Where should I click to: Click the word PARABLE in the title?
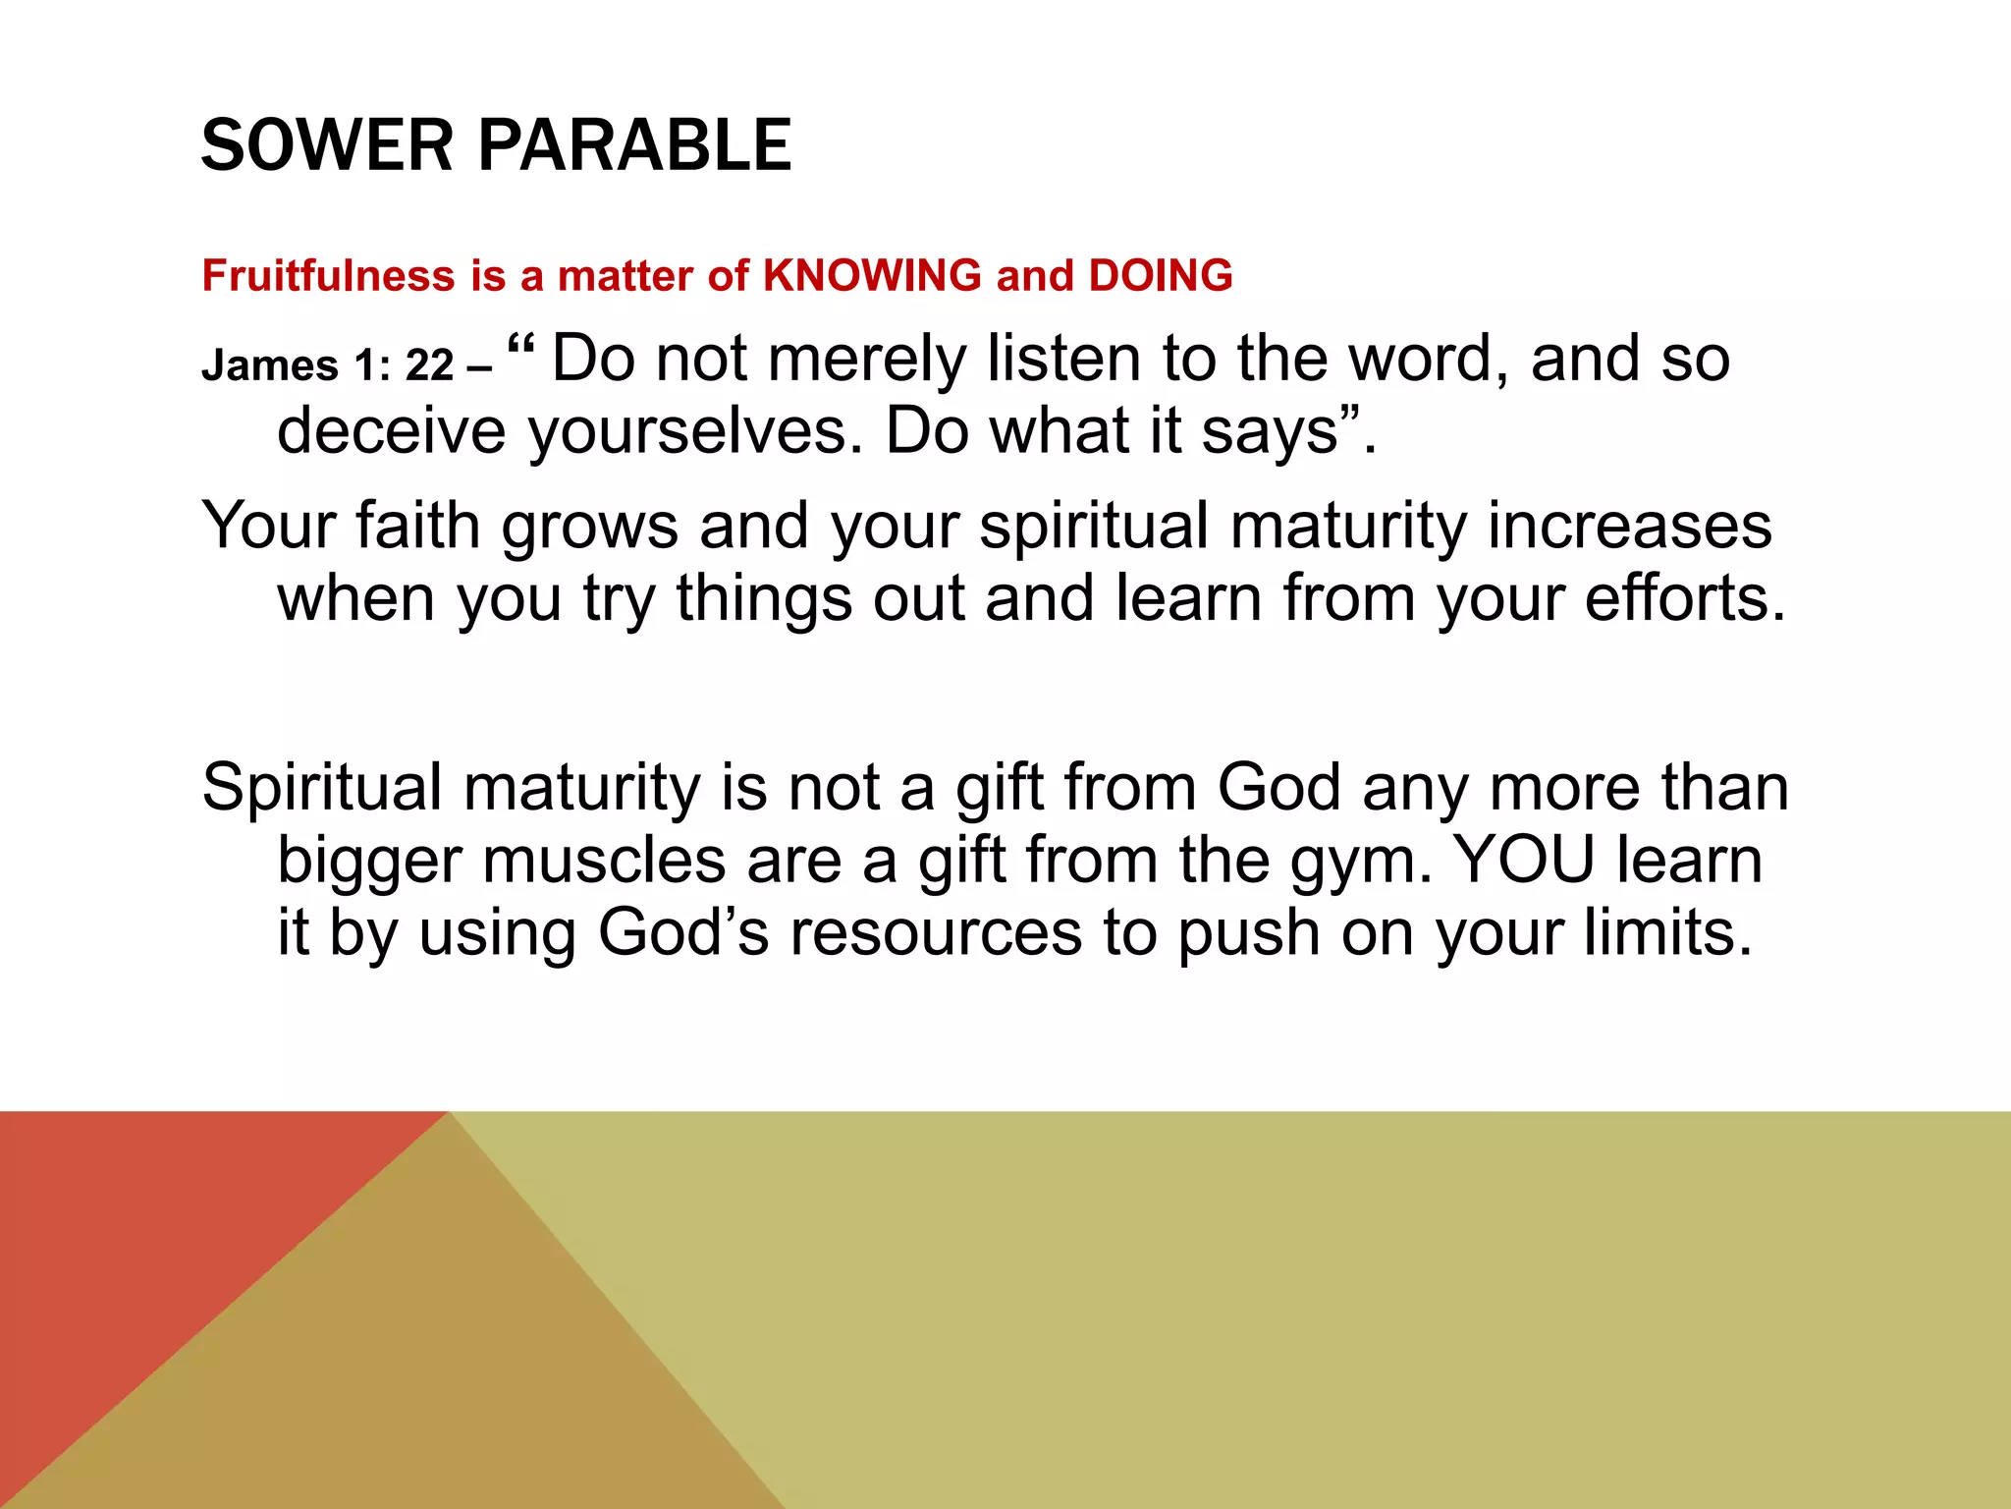tap(634, 145)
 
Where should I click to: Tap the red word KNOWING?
tap(872, 275)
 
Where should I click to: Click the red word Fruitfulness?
tap(328, 275)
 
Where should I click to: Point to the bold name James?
tap(269, 365)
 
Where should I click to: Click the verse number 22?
tap(429, 365)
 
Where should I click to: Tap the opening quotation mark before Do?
tap(521, 346)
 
